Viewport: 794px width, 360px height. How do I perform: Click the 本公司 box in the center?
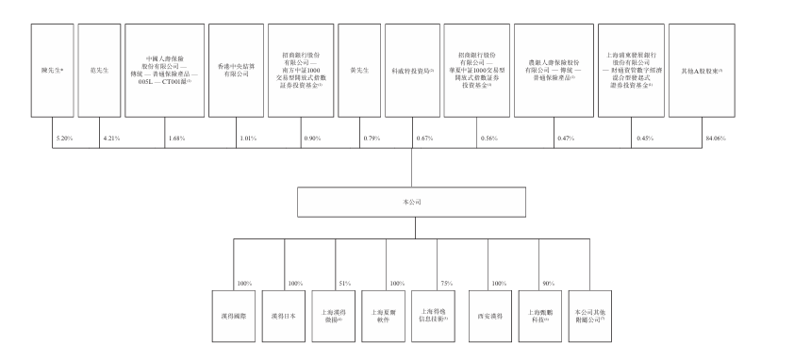coord(410,203)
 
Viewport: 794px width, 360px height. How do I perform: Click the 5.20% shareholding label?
coord(64,139)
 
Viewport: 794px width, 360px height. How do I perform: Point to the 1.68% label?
coord(176,139)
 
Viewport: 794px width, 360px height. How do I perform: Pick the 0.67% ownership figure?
coord(423,139)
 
